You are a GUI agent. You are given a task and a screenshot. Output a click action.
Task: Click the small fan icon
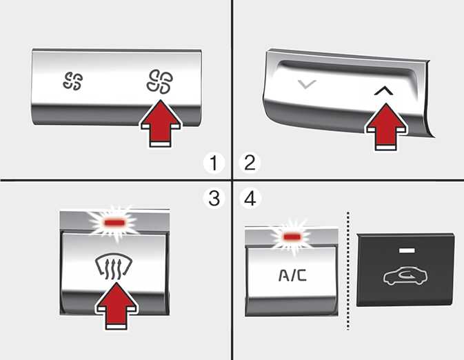pos(73,81)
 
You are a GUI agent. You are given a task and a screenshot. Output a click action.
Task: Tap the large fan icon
pos(160,81)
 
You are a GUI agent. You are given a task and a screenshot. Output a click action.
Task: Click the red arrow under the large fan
pos(161,123)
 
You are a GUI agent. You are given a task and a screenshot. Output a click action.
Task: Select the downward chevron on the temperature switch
pos(307,84)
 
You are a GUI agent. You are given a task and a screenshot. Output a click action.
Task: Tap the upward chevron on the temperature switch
pos(383,91)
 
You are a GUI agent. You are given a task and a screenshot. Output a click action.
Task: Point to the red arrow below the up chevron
pos(386,127)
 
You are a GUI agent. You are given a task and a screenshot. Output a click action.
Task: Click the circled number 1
pos(214,163)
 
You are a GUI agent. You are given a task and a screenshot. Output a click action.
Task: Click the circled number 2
pos(250,163)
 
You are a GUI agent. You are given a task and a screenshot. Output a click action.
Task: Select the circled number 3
pos(214,199)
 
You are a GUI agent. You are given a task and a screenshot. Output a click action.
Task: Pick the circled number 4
pos(250,199)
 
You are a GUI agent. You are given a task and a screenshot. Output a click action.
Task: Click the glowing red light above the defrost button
pos(115,222)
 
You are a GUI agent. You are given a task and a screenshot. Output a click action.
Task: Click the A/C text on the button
pos(292,275)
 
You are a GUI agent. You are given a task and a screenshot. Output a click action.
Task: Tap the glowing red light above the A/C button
pos(292,237)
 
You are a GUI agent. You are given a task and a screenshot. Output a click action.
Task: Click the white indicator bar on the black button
pos(407,251)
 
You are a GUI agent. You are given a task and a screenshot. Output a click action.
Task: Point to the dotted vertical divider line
pos(348,270)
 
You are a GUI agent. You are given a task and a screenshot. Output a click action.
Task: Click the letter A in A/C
pos(283,275)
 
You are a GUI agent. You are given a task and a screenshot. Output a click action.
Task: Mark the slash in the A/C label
pos(292,275)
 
